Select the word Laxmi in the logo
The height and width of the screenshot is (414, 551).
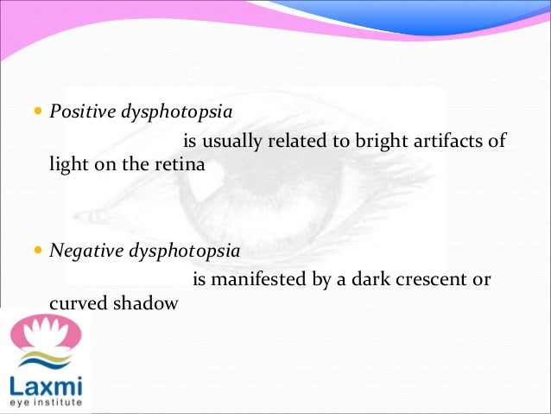coord(43,385)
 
